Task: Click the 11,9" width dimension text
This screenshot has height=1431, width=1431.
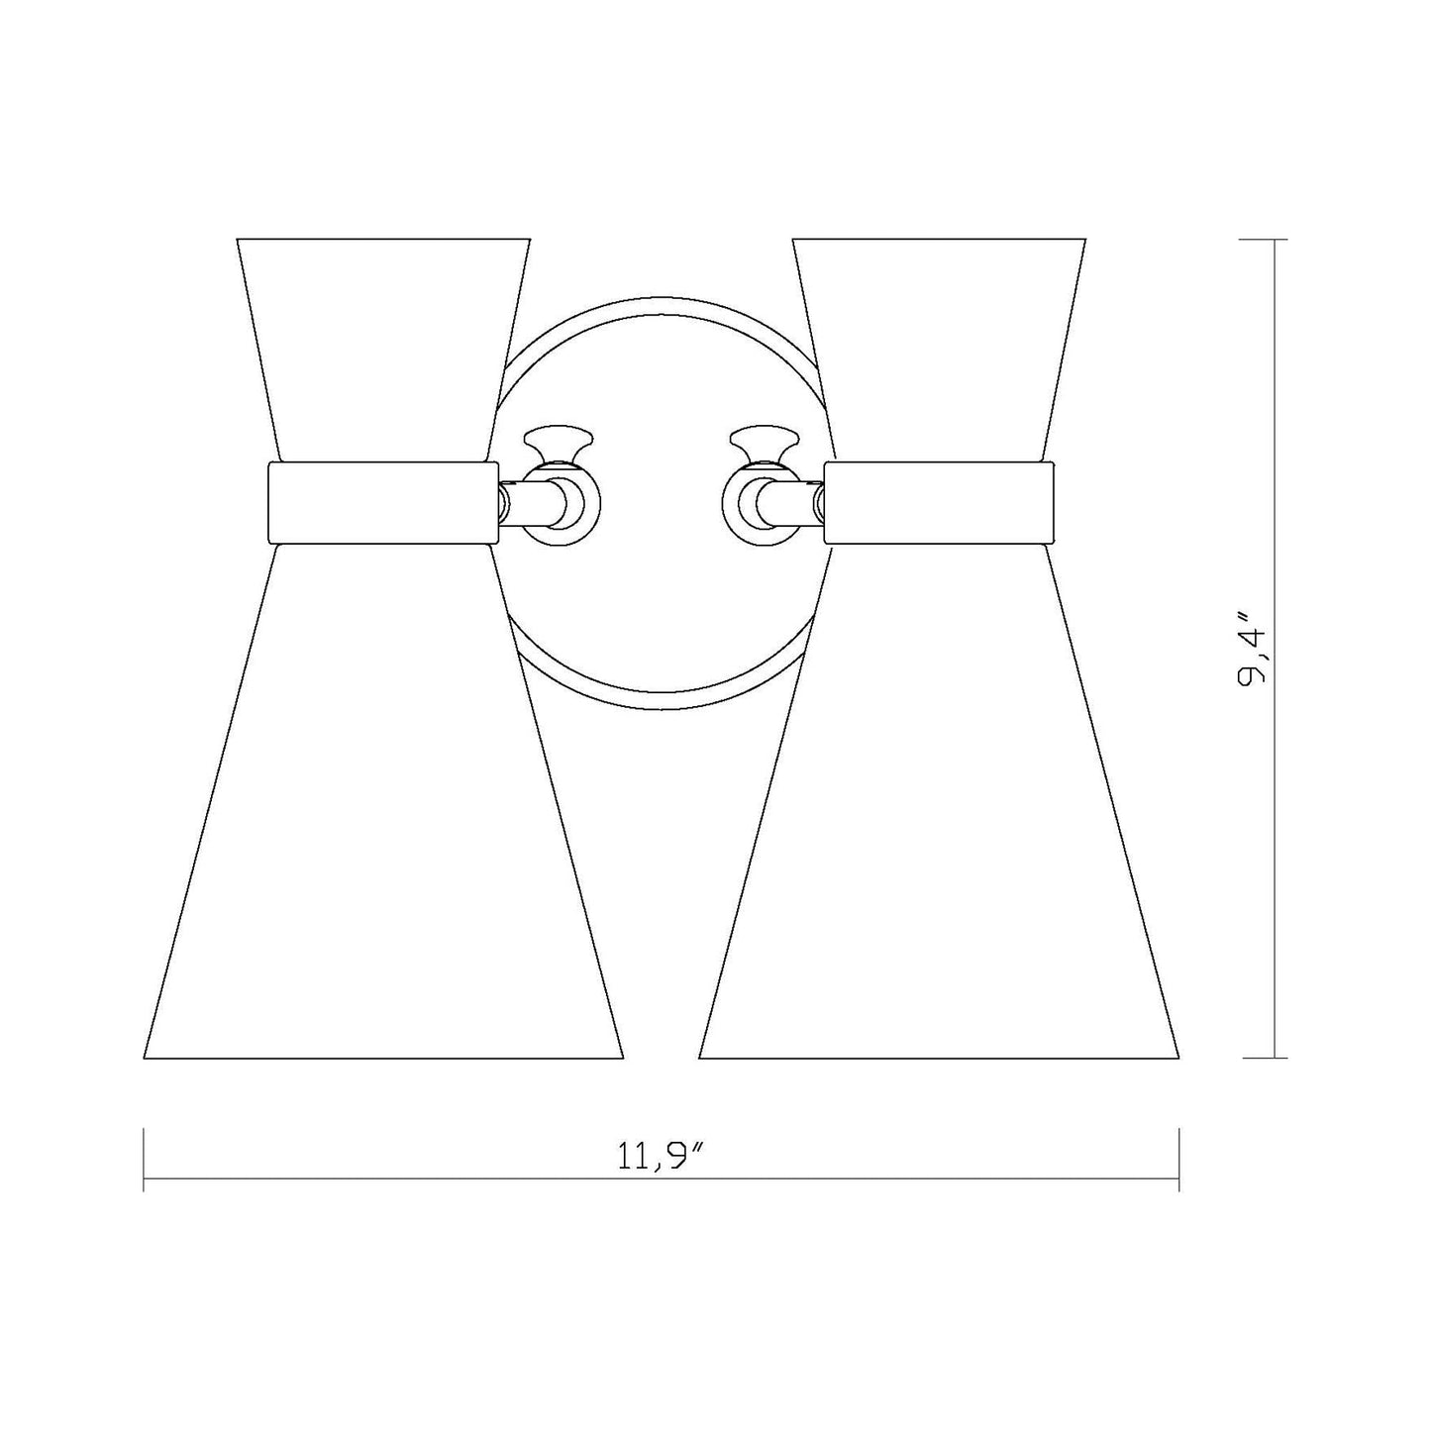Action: [661, 1157]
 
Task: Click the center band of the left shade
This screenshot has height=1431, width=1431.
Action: [383, 503]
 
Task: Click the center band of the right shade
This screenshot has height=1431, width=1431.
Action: [939, 503]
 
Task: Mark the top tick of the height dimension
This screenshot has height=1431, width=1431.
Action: [1274, 241]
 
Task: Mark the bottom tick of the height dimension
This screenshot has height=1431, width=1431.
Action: [1274, 1058]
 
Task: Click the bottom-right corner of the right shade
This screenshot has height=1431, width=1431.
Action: [1178, 1057]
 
